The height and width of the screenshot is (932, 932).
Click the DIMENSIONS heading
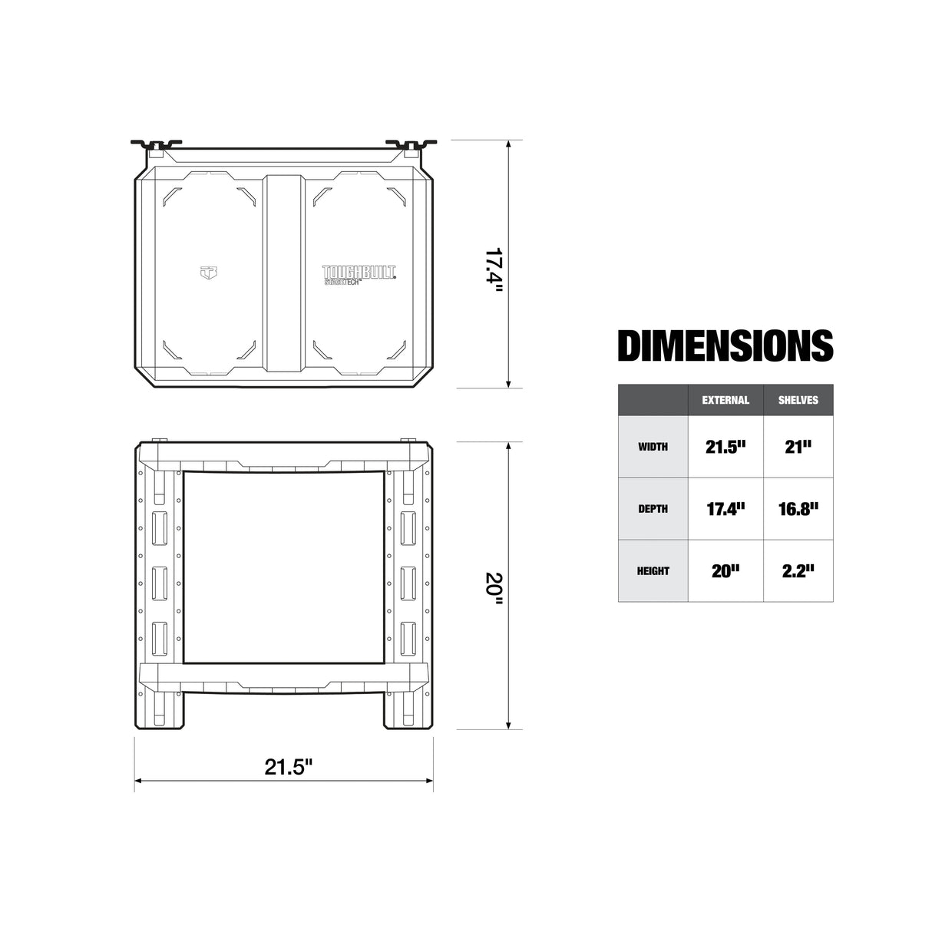tap(725, 345)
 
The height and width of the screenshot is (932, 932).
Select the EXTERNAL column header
tap(725, 400)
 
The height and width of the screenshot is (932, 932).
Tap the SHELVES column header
tap(798, 400)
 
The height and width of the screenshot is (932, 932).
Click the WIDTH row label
tap(653, 447)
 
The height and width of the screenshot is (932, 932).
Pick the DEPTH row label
tap(653, 509)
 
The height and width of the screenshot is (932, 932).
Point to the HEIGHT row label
tap(653, 571)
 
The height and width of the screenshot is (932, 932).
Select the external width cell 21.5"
tap(725, 447)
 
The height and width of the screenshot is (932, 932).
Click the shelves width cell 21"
tap(798, 447)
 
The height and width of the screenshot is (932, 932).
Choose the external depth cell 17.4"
tap(725, 509)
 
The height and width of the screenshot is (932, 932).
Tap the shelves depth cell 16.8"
tap(798, 509)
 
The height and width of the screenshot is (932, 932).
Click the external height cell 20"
tap(725, 571)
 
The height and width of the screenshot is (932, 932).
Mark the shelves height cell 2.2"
tap(798, 571)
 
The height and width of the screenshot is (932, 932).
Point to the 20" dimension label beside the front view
tap(494, 587)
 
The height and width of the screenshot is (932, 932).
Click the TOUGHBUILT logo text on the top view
tap(359, 273)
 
